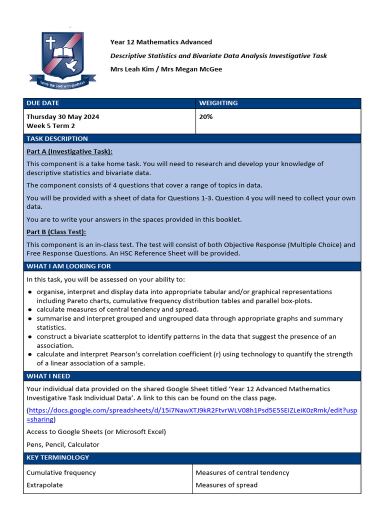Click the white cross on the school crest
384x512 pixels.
point(50,43)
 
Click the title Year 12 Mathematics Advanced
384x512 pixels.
point(161,42)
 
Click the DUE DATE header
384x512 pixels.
point(42,103)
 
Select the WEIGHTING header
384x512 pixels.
point(218,103)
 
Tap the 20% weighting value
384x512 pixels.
point(206,116)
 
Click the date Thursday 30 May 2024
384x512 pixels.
point(62,116)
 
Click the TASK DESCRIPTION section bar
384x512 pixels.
point(57,138)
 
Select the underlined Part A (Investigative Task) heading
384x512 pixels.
point(69,151)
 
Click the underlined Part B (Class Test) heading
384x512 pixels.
point(56,232)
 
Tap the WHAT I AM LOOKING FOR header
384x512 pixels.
point(68,266)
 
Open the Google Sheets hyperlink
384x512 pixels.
point(192,410)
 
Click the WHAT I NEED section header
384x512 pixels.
point(48,376)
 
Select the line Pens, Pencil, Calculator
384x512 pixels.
point(63,444)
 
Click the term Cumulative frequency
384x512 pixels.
point(61,472)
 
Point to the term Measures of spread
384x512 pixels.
point(226,485)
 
